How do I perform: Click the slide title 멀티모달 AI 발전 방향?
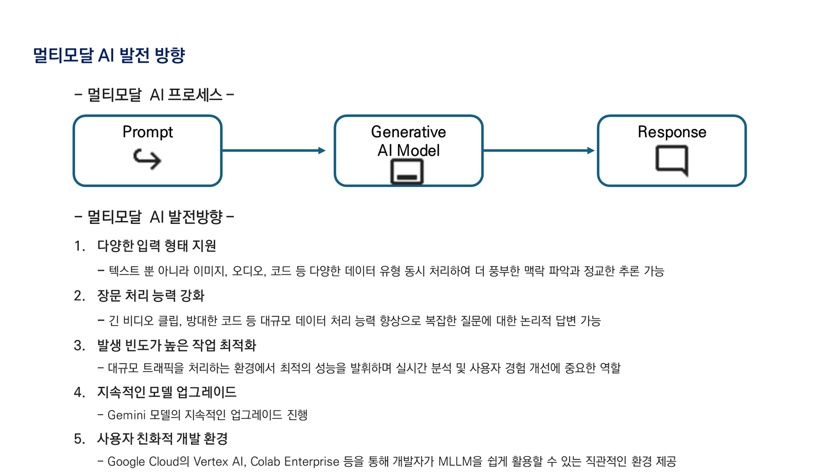[x=109, y=55]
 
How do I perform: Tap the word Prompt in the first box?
[x=148, y=132]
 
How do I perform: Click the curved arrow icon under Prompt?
[x=147, y=159]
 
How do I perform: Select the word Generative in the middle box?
[x=408, y=132]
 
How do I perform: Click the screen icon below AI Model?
[x=407, y=172]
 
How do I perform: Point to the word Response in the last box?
[x=672, y=132]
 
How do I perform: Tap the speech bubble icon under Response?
[x=672, y=160]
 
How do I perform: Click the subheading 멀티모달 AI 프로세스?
[x=154, y=95]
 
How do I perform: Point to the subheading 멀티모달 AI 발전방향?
[x=154, y=217]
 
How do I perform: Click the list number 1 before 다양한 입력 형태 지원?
[x=79, y=246]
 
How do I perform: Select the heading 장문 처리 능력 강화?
[x=151, y=295]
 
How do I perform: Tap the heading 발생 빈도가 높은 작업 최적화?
[x=176, y=345]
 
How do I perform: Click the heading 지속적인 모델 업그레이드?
[x=167, y=392]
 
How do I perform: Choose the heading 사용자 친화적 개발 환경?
[x=162, y=439]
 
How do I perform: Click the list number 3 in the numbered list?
[x=79, y=346]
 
